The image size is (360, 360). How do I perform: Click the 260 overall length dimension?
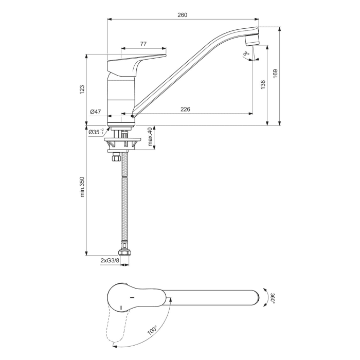pos(182,15)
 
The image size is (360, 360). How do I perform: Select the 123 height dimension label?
pos(81,89)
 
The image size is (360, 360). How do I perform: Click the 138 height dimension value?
pos(263,84)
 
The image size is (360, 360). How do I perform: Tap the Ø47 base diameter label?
pos(95,112)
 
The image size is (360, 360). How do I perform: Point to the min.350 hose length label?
pos(81,188)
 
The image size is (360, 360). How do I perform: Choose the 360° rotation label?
pos(273,299)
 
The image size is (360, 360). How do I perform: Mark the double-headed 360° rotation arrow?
pos(265,298)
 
